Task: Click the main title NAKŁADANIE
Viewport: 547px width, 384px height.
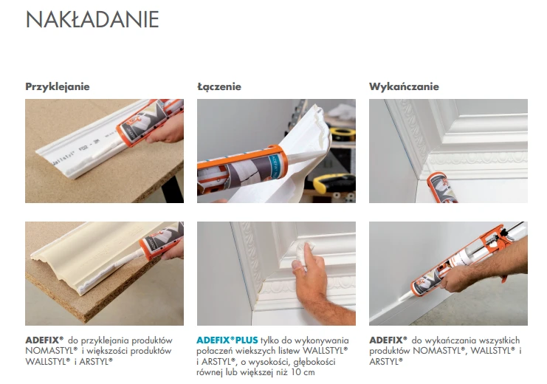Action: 92,19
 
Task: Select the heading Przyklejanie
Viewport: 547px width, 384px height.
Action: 58,86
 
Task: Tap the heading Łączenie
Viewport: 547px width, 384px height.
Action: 219,86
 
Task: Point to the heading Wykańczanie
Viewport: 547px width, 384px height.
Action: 404,86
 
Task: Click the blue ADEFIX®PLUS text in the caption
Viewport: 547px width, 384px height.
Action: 227,340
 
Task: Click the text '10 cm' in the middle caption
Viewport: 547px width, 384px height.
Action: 303,372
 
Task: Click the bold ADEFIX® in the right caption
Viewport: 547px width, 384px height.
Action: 388,340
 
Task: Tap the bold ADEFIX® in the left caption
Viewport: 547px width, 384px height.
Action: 44,340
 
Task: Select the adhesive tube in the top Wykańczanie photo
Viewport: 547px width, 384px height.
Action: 440,188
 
